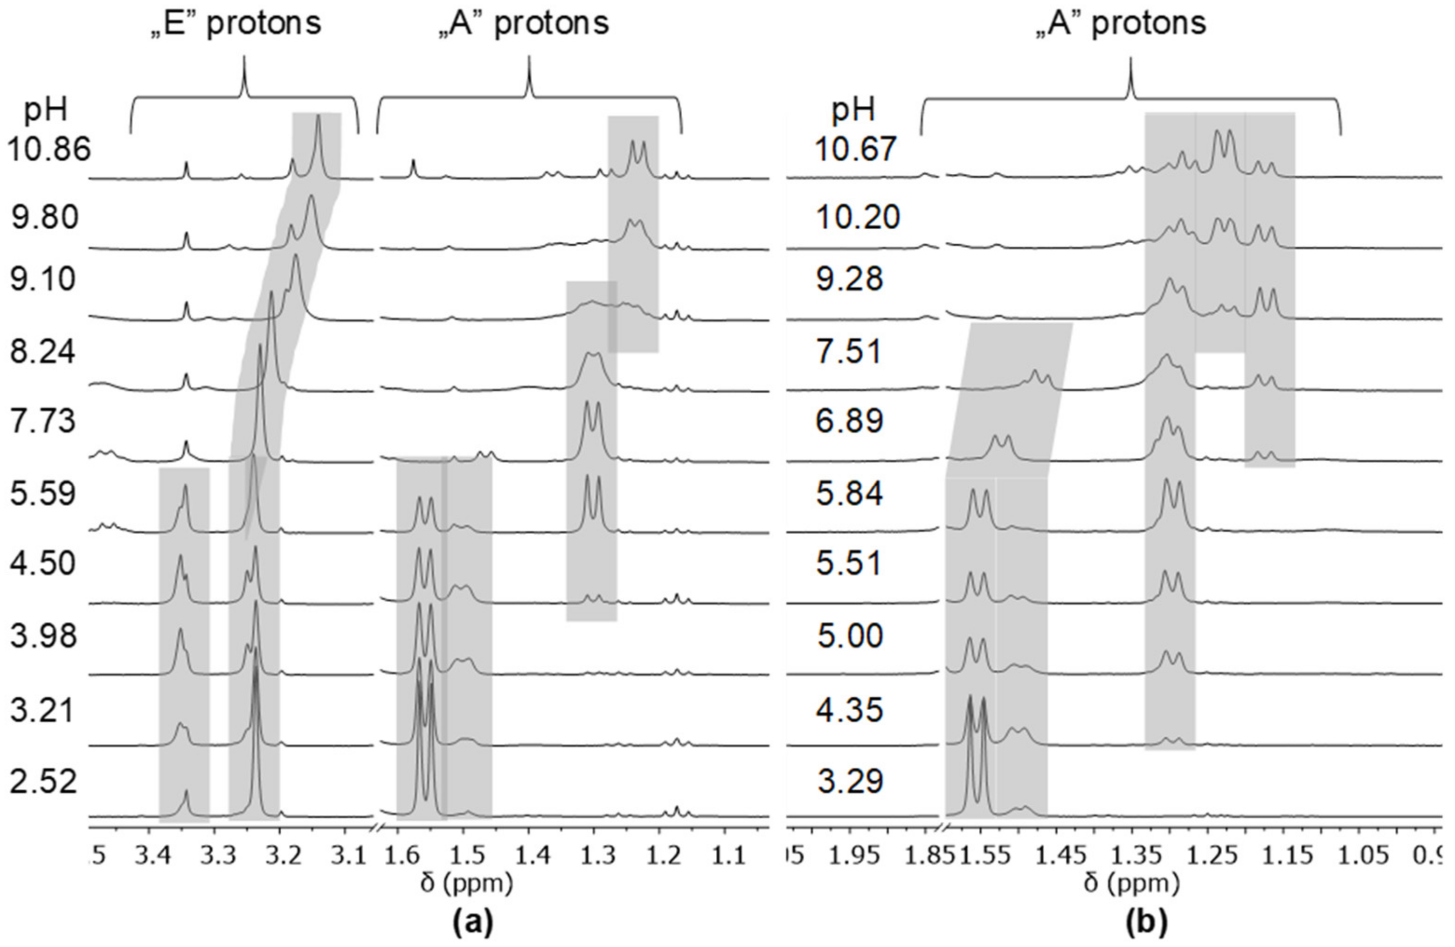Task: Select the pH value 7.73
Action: (x=43, y=422)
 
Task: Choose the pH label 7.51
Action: (x=850, y=352)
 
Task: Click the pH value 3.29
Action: (x=850, y=782)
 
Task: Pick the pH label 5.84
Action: (x=850, y=493)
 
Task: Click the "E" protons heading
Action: (x=236, y=23)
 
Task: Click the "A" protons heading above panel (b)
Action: (x=1121, y=23)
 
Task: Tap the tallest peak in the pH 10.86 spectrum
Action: (x=318, y=119)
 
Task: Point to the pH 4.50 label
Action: (x=43, y=563)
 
